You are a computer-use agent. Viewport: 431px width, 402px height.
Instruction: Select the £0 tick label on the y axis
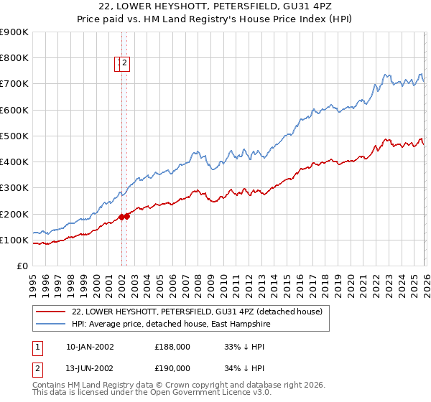pyautogui.click(x=22, y=266)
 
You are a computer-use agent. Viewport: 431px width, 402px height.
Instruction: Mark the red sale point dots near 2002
pyautogui.click(x=124, y=217)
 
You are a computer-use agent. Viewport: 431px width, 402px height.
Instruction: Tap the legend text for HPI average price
pyautogui.click(x=173, y=324)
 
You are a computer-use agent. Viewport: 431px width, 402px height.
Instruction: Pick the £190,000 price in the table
pyautogui.click(x=172, y=370)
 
